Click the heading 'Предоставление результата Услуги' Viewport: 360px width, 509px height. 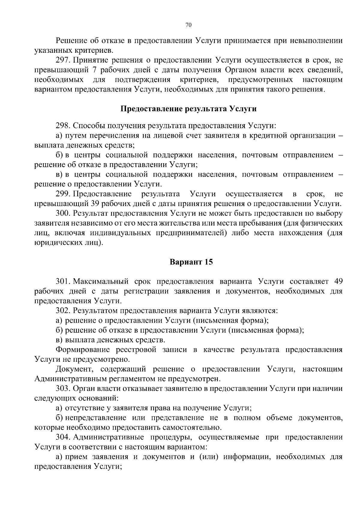point(188,109)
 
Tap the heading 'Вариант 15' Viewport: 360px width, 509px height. point(191,262)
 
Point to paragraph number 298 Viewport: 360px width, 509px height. point(63,125)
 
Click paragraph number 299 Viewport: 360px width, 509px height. point(63,194)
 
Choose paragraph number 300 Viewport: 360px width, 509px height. point(63,214)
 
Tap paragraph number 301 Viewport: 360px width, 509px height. point(63,281)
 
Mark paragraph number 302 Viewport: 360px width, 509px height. point(63,310)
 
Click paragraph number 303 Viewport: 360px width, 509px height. point(63,388)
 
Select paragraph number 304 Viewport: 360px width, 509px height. point(63,437)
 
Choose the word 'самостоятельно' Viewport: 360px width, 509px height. point(192,427)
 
